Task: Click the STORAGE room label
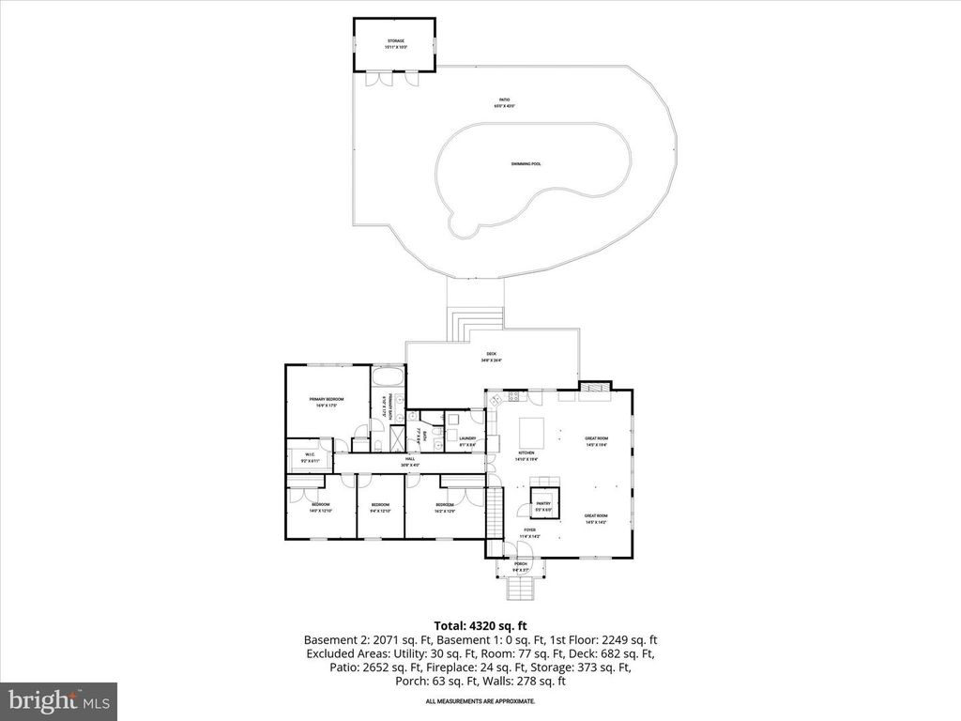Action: [x=395, y=41]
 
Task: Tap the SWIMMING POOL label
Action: [x=526, y=164]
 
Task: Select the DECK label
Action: [x=492, y=355]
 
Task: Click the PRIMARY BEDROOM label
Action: [x=327, y=399]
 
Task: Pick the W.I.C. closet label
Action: [x=310, y=456]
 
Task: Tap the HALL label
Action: [x=410, y=460]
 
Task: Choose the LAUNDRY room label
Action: [x=467, y=438]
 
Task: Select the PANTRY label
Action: [x=543, y=504]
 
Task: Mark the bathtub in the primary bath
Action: [x=388, y=377]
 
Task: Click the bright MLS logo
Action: [x=58, y=700]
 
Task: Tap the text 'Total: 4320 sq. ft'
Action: [x=480, y=624]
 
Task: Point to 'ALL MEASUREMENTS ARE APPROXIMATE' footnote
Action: [x=480, y=700]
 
